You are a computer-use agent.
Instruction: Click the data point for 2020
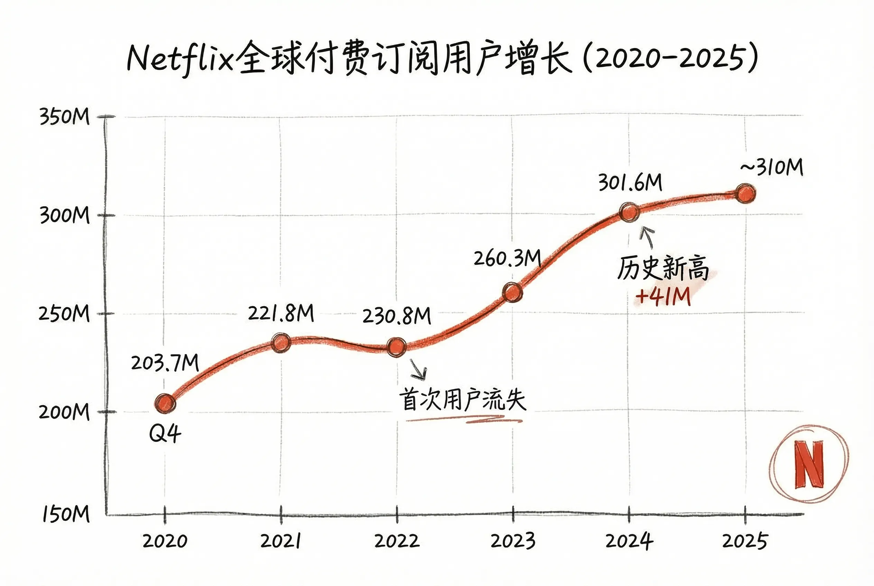coord(165,403)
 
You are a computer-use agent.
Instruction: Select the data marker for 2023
coord(512,292)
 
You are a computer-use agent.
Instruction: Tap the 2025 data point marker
coord(745,193)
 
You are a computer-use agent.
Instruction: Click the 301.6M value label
coord(630,183)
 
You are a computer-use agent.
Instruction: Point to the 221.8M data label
coord(281,313)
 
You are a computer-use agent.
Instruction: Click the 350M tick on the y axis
coord(65,116)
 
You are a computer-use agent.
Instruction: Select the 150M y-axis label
coord(66,514)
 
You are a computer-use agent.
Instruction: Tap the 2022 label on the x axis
coord(397,541)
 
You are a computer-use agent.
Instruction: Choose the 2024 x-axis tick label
coord(630,541)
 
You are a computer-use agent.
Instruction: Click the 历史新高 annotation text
coord(663,268)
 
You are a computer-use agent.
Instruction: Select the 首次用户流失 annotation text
coord(463,400)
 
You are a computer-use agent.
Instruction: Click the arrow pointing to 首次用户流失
coord(418,369)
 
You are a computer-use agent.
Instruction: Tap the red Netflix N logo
coord(809,464)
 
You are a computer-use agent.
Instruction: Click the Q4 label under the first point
coord(165,434)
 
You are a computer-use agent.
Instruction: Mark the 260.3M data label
coord(508,258)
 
